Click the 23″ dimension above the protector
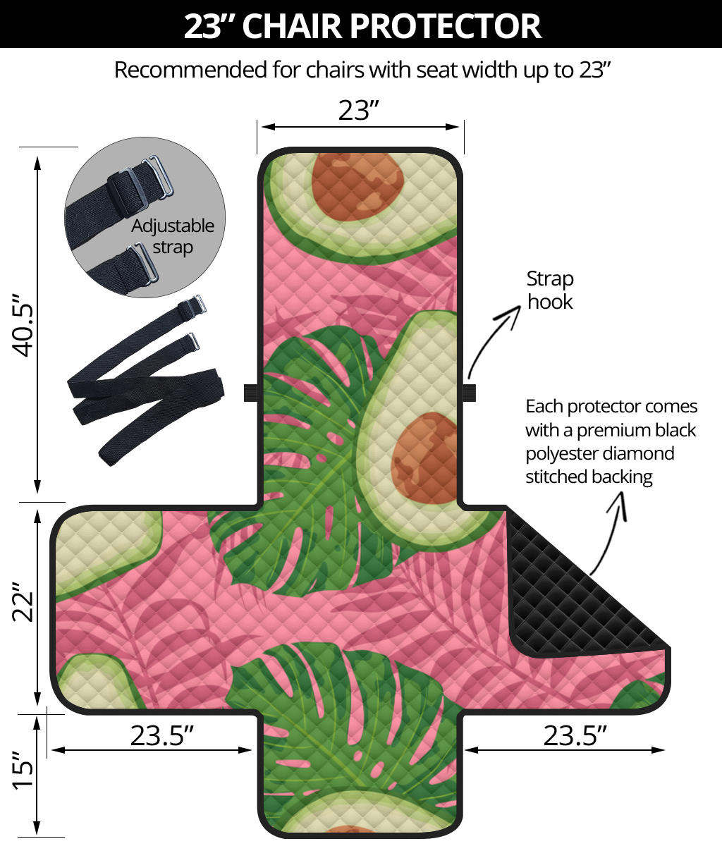[359, 110]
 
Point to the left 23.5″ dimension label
[162, 735]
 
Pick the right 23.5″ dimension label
[575, 735]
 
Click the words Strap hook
[550, 290]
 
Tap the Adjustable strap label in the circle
[173, 236]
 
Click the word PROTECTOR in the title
[444, 26]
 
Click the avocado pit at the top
[357, 182]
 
